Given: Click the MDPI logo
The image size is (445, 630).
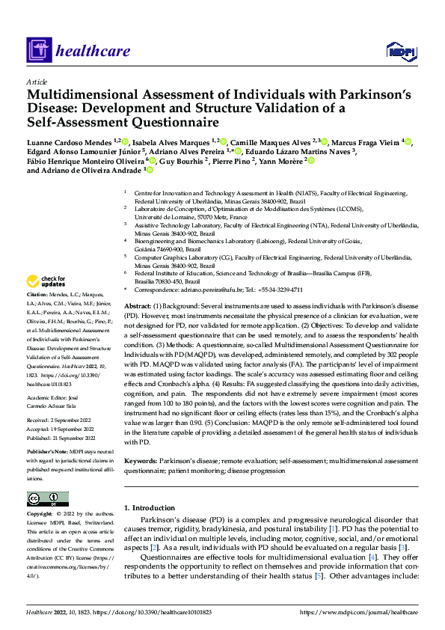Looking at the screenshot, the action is pos(399,50).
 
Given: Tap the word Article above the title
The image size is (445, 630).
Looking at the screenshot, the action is pos(36,81).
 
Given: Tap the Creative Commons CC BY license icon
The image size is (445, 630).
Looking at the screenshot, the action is pos(47,498).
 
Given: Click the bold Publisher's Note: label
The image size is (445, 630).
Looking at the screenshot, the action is pos(49,453).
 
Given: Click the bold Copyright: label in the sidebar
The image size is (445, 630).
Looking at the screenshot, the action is pos(41,515).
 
